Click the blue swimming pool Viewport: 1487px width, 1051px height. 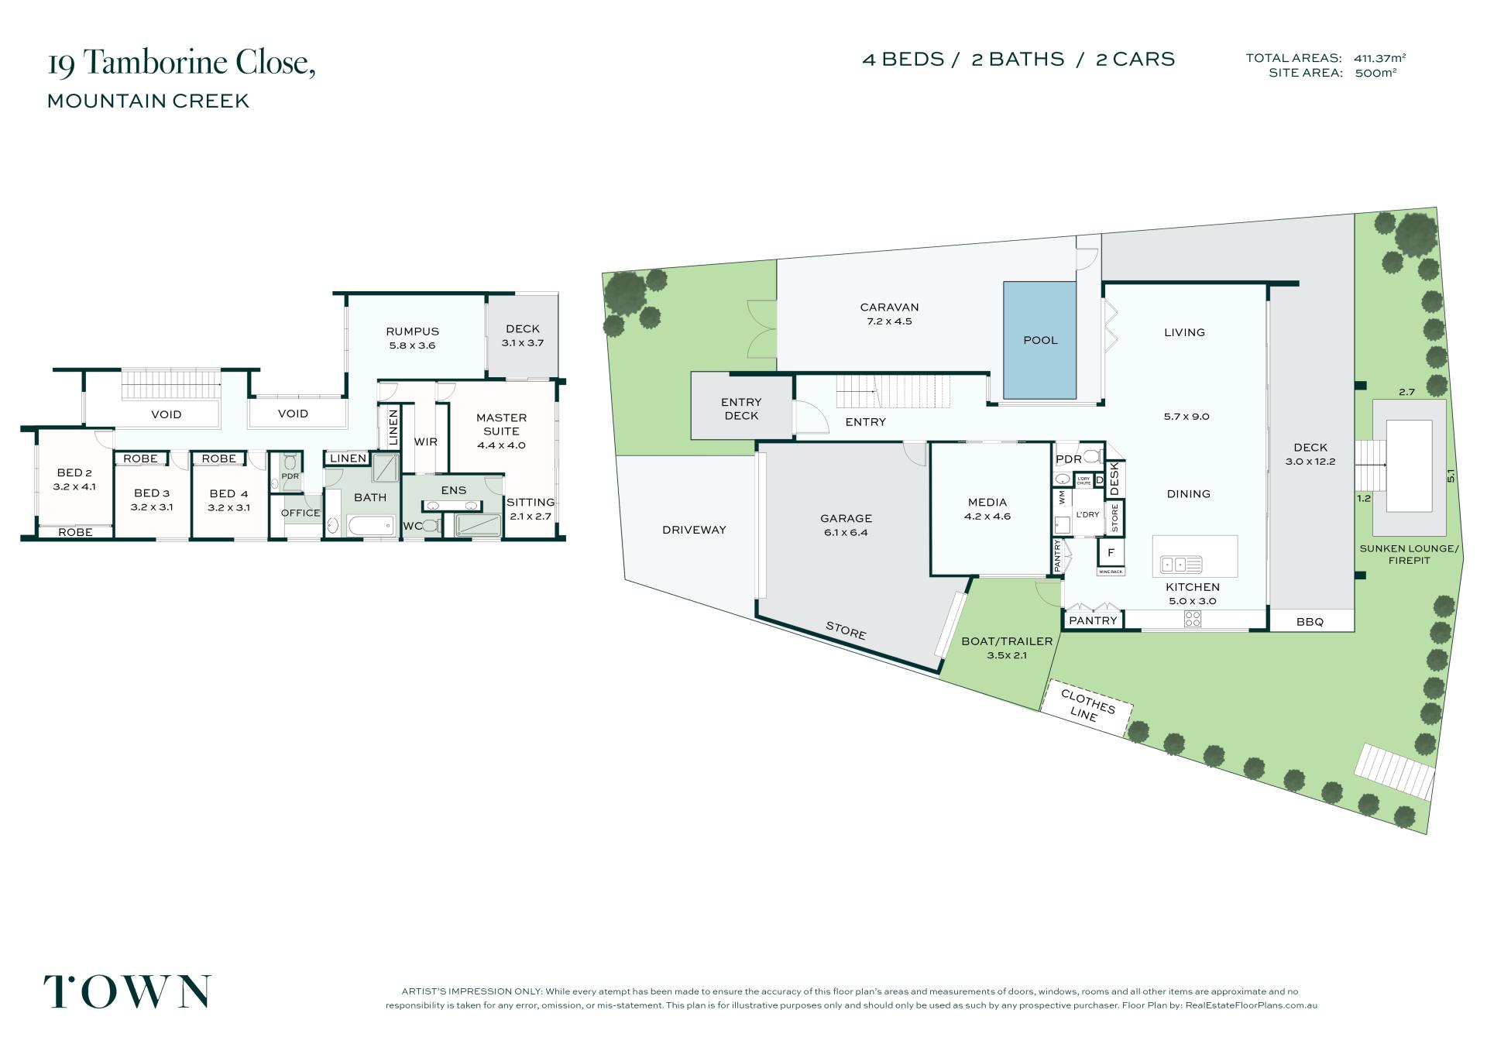1039,340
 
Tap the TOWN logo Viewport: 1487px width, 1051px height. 127,991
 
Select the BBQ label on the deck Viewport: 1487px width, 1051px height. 1310,621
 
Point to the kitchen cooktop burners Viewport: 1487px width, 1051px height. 1193,619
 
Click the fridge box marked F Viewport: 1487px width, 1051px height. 1111,553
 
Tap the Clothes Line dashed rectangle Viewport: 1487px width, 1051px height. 1087,707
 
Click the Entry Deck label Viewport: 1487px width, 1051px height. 741,409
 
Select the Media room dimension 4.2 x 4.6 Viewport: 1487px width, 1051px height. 987,517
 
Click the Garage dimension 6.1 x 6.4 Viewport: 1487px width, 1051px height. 846,533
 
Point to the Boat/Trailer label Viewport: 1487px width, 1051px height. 1007,641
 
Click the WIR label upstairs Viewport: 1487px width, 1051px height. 426,441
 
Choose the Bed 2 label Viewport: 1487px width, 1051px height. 74,473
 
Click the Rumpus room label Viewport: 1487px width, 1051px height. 413,331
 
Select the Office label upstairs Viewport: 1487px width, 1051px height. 300,513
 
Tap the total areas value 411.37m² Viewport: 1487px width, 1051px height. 1380,58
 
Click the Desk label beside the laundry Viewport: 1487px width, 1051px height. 1115,479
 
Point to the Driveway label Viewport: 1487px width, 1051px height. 694,530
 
